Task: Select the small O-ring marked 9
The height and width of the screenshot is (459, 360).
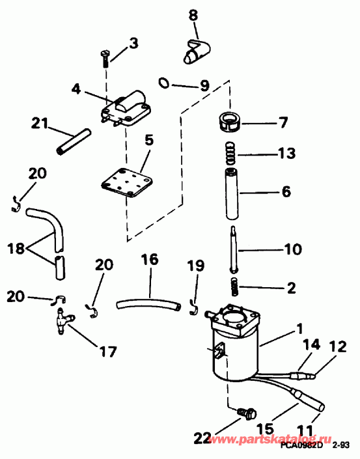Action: [165, 82]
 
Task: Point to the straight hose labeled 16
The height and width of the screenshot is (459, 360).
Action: [147, 303]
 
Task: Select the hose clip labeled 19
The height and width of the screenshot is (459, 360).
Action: [193, 305]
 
